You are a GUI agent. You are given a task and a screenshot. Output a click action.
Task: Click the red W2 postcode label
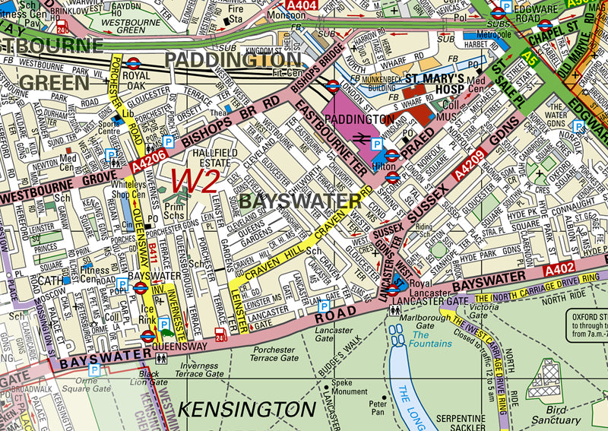pos(195,181)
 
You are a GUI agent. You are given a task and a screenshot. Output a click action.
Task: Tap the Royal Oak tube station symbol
pos(132,64)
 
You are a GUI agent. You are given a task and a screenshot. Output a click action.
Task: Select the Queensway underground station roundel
pos(149,334)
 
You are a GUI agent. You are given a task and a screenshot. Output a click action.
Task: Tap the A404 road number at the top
pos(302,5)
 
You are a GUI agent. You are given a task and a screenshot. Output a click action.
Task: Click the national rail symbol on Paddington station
pos(364,138)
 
